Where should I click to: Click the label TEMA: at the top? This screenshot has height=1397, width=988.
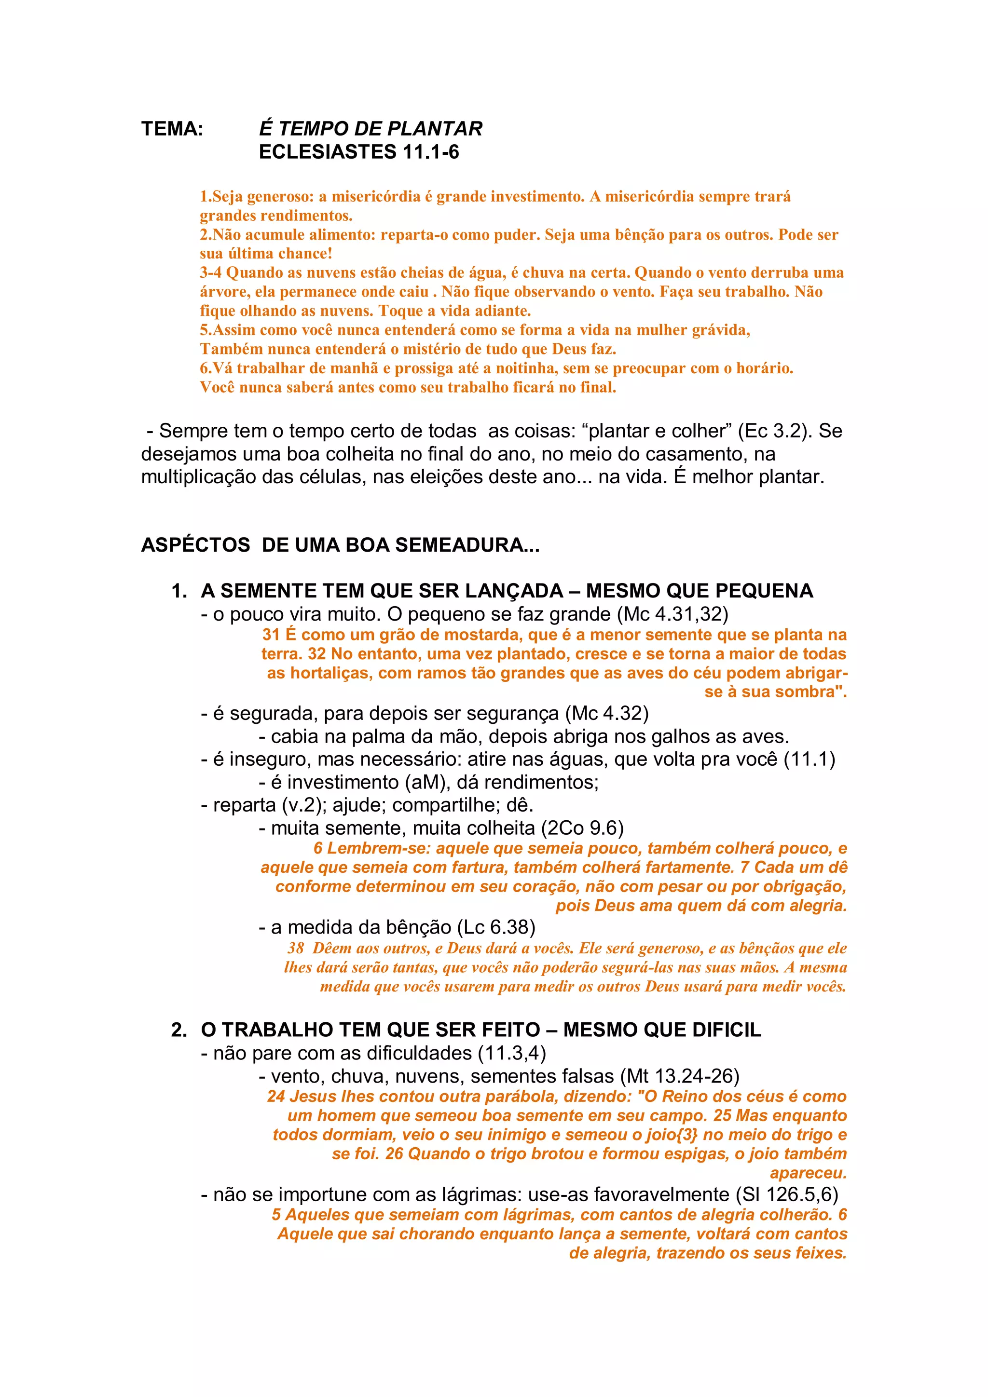click(x=172, y=129)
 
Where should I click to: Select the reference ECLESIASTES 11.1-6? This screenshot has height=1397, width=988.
click(x=358, y=152)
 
